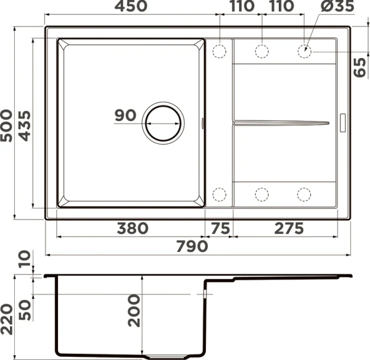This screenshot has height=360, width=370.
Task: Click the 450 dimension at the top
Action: [130, 7]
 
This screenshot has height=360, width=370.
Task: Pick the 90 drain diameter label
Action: [125, 115]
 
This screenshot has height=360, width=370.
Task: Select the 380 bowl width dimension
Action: [132, 228]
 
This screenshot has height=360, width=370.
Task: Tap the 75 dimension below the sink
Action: [219, 228]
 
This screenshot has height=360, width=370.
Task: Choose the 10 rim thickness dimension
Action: [23, 260]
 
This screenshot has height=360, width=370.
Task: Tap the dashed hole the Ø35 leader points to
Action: [305, 51]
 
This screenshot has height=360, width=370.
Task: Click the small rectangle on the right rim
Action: [344, 121]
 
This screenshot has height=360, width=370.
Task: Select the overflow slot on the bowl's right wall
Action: [203, 123]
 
